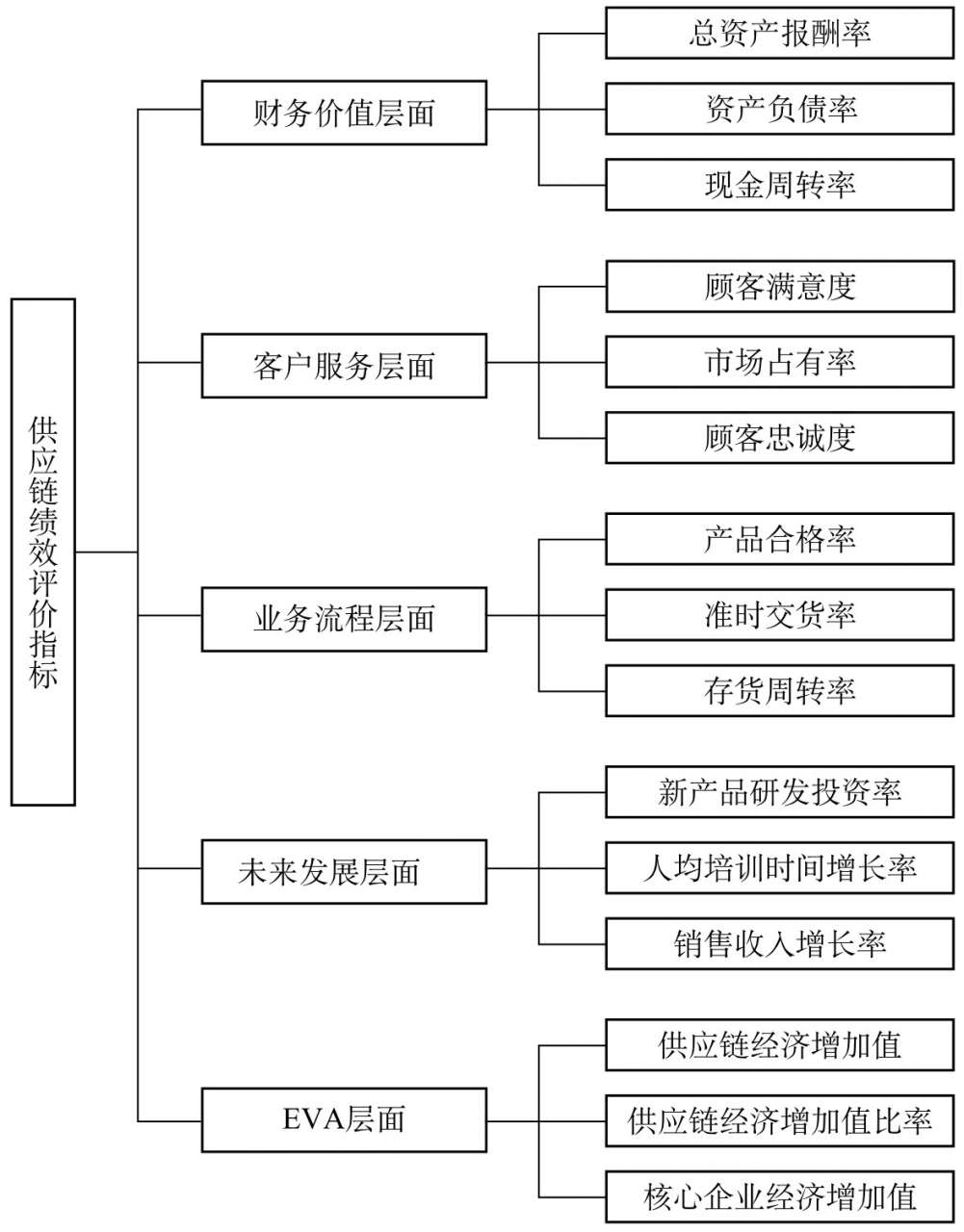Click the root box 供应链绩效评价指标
click(43, 552)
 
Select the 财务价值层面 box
click(344, 113)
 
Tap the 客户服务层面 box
click(344, 365)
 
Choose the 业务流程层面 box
click(344, 619)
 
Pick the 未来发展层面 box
click(344, 871)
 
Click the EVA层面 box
click(344, 1119)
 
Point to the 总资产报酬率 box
click(780, 33)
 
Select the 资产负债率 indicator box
click(780, 109)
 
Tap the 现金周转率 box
click(780, 185)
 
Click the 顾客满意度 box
click(780, 286)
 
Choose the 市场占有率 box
click(780, 362)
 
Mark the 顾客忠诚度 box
click(780, 438)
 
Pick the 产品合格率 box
click(780, 539)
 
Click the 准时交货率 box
click(780, 615)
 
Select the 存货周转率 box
click(780, 691)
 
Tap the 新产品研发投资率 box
click(780, 792)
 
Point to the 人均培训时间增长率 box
click(780, 868)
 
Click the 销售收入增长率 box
click(780, 944)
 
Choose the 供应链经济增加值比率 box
click(780, 1121)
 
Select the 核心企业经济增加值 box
click(780, 1196)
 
